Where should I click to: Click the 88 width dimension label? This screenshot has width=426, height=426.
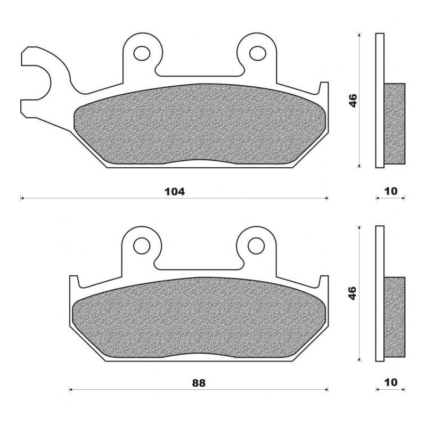[199, 383]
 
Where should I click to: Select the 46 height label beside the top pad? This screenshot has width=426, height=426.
[353, 100]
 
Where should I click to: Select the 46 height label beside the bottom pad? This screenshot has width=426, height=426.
[353, 293]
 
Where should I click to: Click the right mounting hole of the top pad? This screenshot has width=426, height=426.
[257, 52]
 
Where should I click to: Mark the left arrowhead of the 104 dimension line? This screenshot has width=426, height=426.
[22, 198]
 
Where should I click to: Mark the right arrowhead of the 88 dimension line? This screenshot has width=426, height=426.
[326, 390]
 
